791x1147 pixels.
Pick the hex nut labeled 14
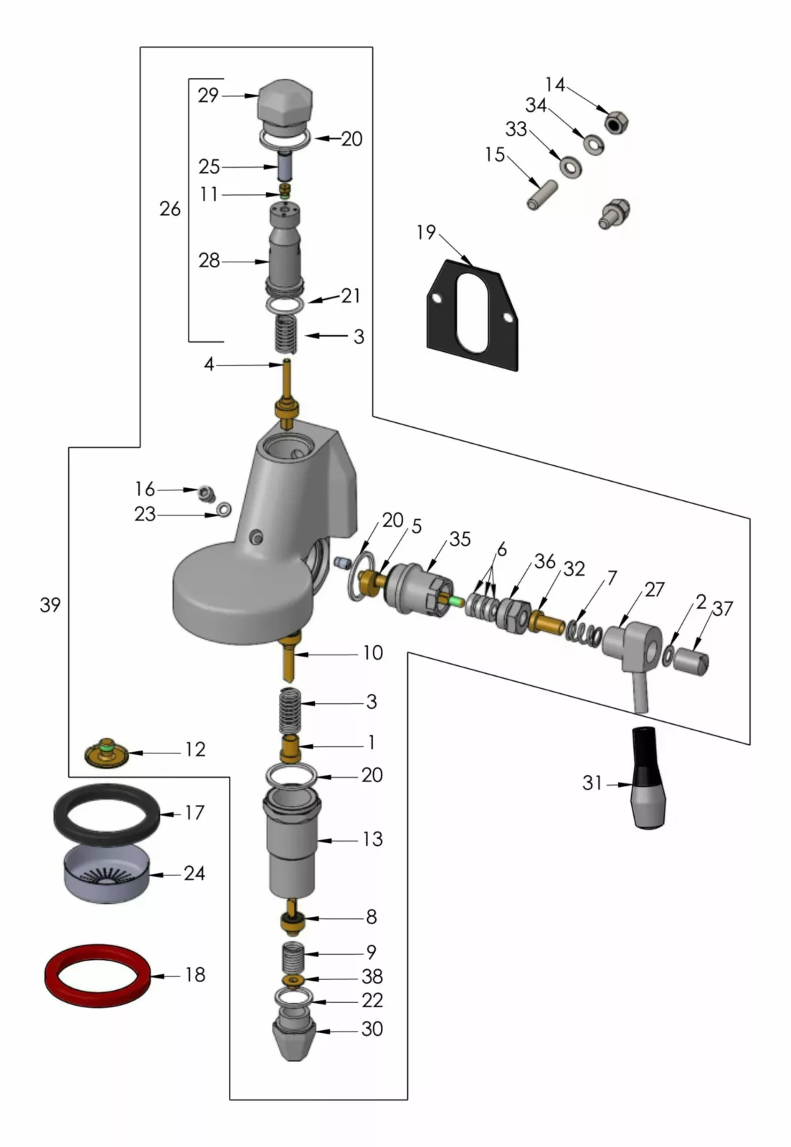(615, 123)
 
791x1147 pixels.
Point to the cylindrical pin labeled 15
(543, 195)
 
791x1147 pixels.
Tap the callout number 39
(50, 605)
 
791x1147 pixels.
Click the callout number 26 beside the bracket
(170, 209)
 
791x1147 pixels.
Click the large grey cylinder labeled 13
(291, 847)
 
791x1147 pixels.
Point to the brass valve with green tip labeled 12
(105, 752)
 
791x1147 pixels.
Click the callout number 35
(460, 539)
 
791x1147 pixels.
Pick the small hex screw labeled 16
(206, 493)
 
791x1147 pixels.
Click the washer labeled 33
(571, 168)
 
